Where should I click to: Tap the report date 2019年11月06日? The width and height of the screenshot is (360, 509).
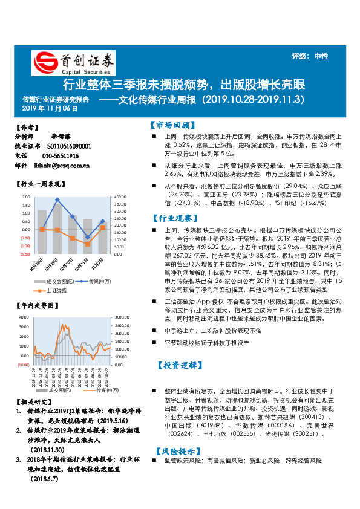51,109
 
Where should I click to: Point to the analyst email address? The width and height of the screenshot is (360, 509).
62,165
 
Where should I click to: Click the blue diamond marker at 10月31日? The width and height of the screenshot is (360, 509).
88,238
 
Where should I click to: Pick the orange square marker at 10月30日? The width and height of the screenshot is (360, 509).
73,238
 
